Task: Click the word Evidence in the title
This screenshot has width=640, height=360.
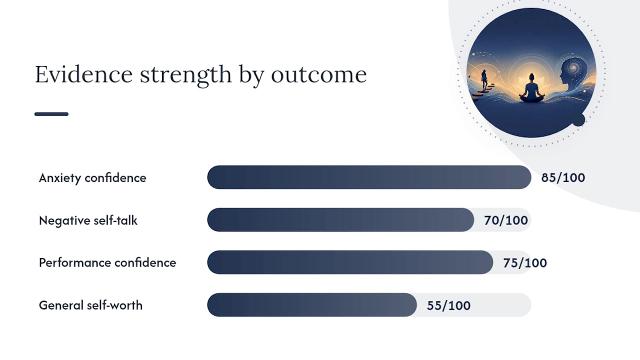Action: tap(83, 74)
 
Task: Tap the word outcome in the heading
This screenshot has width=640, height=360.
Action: tap(318, 75)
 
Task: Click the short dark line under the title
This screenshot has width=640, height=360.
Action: tap(51, 114)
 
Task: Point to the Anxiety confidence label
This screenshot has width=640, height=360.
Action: tap(92, 178)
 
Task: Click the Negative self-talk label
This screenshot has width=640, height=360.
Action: tap(88, 220)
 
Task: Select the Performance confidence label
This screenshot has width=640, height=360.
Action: tap(107, 263)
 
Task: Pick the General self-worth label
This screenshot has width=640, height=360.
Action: tap(90, 305)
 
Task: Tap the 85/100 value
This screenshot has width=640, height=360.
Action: tap(563, 177)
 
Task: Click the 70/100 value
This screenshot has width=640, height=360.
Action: tap(506, 220)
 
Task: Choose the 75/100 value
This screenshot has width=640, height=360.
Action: tap(525, 263)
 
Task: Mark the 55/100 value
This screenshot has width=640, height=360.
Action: tap(449, 305)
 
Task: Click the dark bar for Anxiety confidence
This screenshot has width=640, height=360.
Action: tap(369, 177)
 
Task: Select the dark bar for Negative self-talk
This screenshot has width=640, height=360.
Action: tap(340, 219)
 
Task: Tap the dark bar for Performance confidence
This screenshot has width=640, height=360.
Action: tap(350, 262)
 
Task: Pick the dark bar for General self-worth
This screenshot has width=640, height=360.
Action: tap(312, 305)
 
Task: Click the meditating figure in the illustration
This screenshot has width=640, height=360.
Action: tap(531, 88)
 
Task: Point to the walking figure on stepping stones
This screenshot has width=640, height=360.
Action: tap(484, 79)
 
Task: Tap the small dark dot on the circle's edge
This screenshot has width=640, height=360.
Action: tap(578, 119)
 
